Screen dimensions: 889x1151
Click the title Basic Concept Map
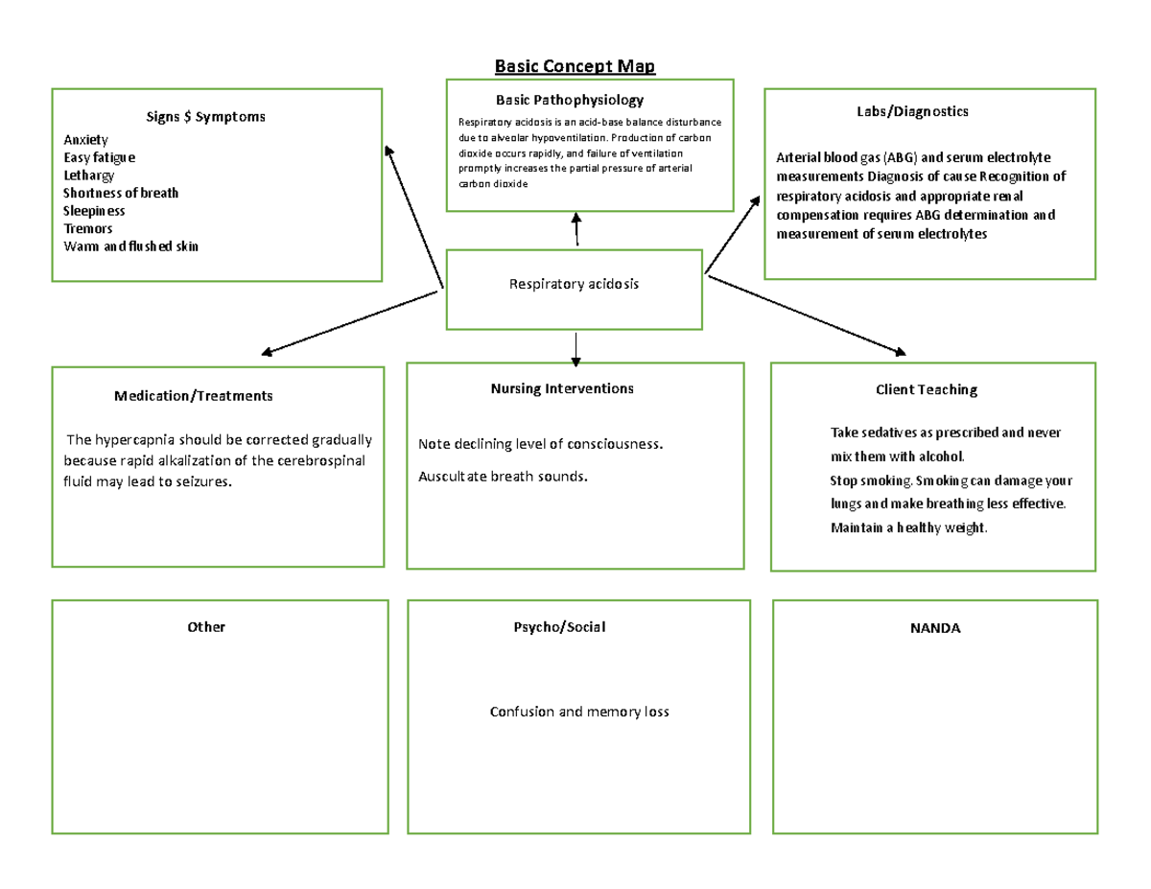point(575,66)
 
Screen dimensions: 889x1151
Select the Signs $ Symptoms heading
point(205,117)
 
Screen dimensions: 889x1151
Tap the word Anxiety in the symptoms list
point(85,140)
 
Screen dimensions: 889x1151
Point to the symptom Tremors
point(87,228)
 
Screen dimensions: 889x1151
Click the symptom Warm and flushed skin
point(130,246)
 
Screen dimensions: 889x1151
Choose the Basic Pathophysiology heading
point(569,100)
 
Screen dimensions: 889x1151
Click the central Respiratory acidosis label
point(574,285)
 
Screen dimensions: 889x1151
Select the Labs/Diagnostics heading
point(912,111)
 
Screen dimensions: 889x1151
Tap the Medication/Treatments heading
point(193,395)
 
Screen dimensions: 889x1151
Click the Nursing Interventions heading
point(562,388)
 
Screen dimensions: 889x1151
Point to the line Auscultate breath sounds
point(502,476)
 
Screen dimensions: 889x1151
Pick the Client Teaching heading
point(926,389)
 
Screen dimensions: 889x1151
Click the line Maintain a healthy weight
point(908,528)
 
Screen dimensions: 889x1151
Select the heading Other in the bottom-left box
point(206,627)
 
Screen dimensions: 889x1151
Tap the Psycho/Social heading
point(559,627)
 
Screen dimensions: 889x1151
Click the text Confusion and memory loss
point(578,712)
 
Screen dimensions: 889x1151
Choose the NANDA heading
point(934,628)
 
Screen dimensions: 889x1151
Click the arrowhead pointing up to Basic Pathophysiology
point(575,218)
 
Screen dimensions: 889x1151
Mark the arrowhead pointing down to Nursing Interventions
point(575,361)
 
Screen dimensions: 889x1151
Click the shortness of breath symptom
point(121,193)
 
